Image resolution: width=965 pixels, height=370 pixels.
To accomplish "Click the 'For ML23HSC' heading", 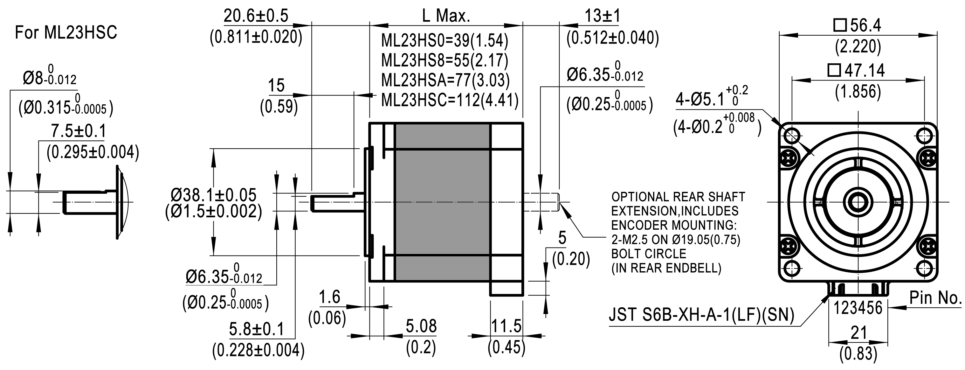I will [66, 33].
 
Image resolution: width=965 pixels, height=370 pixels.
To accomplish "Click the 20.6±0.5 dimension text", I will [256, 16].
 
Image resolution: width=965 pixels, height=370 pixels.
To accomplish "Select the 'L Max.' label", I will [446, 16].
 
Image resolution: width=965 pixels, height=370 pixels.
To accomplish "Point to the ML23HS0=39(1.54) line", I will [444, 40].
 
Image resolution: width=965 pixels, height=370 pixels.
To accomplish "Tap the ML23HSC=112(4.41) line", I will [450, 100].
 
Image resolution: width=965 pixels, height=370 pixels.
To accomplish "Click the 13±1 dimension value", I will [603, 16].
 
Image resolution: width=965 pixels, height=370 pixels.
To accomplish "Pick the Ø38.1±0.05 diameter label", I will [214, 195].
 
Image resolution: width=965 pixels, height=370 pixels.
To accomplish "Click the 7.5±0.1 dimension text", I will [78, 131].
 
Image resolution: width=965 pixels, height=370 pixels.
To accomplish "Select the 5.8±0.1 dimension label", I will [257, 329].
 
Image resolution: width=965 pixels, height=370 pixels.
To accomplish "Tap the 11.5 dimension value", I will [506, 326].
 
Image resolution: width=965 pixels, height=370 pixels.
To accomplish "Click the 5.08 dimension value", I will [421, 326].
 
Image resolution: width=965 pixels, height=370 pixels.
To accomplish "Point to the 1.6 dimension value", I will [329, 297].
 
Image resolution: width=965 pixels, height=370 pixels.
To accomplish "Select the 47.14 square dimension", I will [858, 71].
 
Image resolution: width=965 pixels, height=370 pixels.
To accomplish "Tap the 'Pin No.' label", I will [935, 298].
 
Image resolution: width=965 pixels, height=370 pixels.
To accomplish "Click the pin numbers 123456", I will [858, 308].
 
